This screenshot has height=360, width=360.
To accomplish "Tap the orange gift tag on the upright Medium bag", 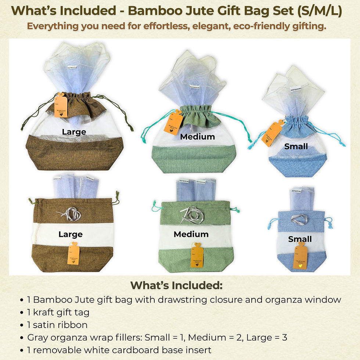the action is [x=176, y=123].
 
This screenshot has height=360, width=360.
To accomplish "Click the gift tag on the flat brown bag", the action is [x=73, y=254].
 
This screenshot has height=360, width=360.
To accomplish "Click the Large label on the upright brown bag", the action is [x=74, y=132].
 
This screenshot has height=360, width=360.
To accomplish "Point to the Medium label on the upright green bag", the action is [x=197, y=137].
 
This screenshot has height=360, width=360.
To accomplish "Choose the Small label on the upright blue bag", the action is [x=296, y=147].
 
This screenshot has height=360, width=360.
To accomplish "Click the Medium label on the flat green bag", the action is [x=191, y=234].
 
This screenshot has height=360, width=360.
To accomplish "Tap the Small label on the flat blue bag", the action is [x=300, y=239].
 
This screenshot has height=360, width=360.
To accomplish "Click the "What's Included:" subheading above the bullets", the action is [x=176, y=285].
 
